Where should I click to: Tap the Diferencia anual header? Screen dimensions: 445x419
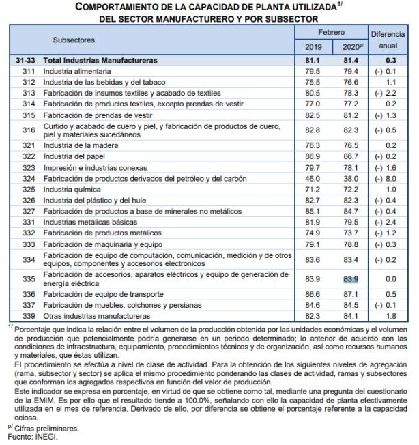(x=388, y=40)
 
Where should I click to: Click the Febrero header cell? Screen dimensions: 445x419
(x=331, y=33)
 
